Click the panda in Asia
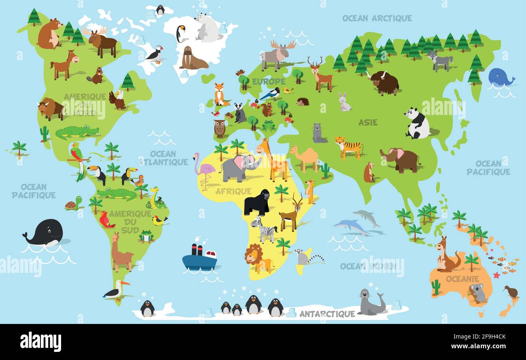click(x=417, y=124)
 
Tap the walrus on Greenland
click(x=192, y=59)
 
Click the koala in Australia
click(x=477, y=293)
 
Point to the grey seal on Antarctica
click(x=370, y=303)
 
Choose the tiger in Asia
click(x=348, y=147)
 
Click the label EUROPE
click(x=269, y=82)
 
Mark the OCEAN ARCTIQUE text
click(x=377, y=18)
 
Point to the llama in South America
click(x=121, y=253)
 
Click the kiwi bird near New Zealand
click(x=511, y=291)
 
